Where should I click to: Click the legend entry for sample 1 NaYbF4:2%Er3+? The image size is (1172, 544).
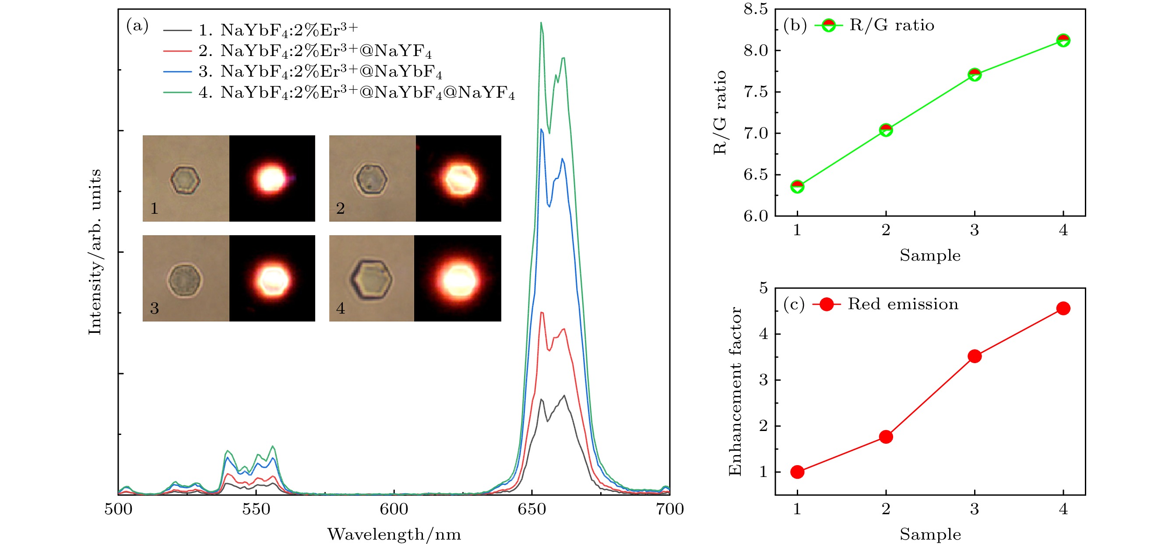pyautogui.click(x=278, y=30)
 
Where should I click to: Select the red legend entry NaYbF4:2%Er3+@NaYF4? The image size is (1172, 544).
pyautogui.click(x=314, y=51)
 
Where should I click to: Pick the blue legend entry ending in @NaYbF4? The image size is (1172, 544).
pyautogui.click(x=318, y=72)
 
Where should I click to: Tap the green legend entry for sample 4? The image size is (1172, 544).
pyautogui.click(x=355, y=93)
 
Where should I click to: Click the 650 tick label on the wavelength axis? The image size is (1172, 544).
pyautogui.click(x=532, y=509)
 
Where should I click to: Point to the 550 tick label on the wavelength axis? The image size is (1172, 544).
pyautogui.click(x=256, y=509)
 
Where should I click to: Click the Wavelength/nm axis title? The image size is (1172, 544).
pyautogui.click(x=394, y=534)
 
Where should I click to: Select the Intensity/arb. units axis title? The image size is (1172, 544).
pyautogui.click(x=95, y=252)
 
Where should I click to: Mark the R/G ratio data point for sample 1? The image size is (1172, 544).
pyautogui.click(x=797, y=187)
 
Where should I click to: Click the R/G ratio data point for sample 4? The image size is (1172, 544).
pyautogui.click(x=1063, y=40)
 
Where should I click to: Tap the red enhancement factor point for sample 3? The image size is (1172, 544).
pyautogui.click(x=975, y=356)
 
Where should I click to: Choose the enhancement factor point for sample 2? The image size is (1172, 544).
pyautogui.click(x=886, y=437)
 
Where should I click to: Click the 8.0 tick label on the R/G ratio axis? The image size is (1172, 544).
pyautogui.click(x=756, y=50)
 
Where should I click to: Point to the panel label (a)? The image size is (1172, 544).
pyautogui.click(x=137, y=25)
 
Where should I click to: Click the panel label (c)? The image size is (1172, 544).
pyautogui.click(x=794, y=304)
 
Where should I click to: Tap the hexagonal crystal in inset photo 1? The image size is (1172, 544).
pyautogui.click(x=185, y=180)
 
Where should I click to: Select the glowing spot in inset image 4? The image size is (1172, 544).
pyautogui.click(x=458, y=279)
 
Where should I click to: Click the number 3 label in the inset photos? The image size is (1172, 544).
pyautogui.click(x=155, y=308)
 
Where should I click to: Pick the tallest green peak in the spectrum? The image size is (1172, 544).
pyautogui.click(x=541, y=23)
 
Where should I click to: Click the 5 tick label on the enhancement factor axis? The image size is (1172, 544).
pyautogui.click(x=763, y=288)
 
